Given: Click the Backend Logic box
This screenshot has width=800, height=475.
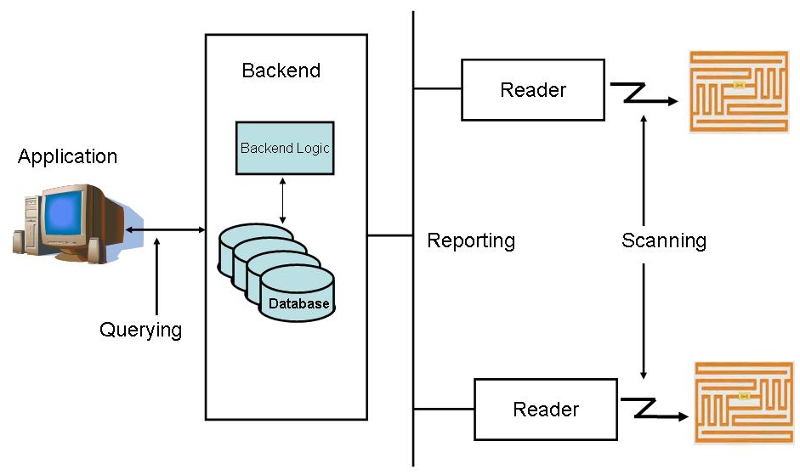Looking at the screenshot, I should click(x=284, y=148).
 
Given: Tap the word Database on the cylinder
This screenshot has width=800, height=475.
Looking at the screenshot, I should click(x=298, y=303).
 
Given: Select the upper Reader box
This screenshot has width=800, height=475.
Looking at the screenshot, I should click(x=533, y=89).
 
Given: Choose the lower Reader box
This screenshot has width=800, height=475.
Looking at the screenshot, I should click(x=546, y=410).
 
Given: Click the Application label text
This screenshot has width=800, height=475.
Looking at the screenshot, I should click(x=67, y=157).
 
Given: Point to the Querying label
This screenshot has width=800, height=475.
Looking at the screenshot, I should click(x=140, y=330).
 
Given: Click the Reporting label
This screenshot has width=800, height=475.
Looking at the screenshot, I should click(x=471, y=240).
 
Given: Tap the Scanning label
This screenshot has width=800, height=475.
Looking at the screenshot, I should click(x=664, y=240).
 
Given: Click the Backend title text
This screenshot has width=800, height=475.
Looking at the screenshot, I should click(x=281, y=71).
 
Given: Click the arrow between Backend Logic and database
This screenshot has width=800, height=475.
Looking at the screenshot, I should click(x=283, y=201).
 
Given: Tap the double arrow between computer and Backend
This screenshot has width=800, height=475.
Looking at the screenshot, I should click(x=165, y=229).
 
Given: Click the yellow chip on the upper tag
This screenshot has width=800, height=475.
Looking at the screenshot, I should click(x=739, y=85).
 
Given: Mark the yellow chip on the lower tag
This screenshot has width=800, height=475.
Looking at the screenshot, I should click(x=745, y=396).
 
